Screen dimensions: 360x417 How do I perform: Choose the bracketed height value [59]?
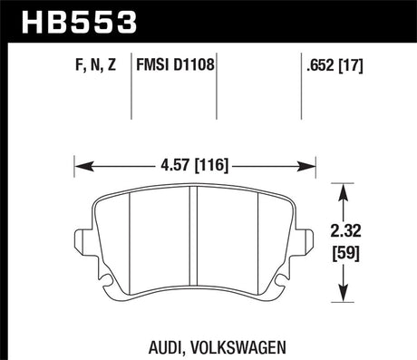point(349,253)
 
